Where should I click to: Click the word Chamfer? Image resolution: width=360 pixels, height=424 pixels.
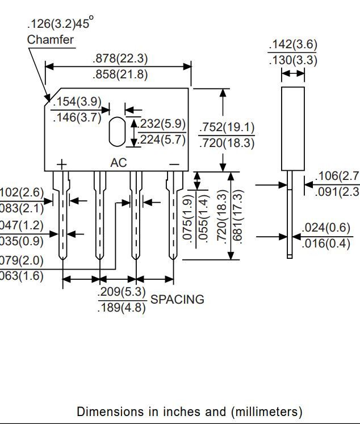(x=50, y=40)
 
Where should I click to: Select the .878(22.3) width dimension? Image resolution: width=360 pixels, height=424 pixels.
(x=119, y=58)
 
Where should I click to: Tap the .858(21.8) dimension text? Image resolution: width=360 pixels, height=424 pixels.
(x=119, y=74)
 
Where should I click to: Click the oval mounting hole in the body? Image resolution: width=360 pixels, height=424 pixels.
(x=116, y=131)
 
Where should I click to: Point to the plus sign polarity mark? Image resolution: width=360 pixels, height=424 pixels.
(x=61, y=164)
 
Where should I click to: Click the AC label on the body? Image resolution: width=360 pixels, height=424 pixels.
(x=118, y=163)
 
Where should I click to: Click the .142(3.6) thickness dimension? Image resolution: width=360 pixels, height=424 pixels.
(x=292, y=45)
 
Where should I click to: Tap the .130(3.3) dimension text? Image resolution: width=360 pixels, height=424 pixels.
(x=292, y=60)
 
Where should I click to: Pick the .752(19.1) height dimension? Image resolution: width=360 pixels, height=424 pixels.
(x=227, y=127)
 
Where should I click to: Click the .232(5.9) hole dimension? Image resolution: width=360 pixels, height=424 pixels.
(x=163, y=124)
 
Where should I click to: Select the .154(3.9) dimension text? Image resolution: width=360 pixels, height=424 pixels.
(x=77, y=102)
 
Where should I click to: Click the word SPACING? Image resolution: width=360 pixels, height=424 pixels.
(x=177, y=300)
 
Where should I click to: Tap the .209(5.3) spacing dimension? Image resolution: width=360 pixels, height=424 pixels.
(x=122, y=293)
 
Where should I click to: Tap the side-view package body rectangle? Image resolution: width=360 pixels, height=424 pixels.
(x=293, y=128)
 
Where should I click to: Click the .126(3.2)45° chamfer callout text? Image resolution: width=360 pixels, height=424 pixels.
(x=60, y=24)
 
